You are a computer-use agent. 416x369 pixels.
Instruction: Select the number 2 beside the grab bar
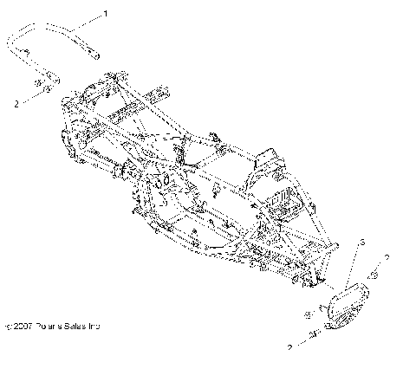point(16,103)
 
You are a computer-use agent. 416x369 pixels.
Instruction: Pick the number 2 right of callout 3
point(387,258)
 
